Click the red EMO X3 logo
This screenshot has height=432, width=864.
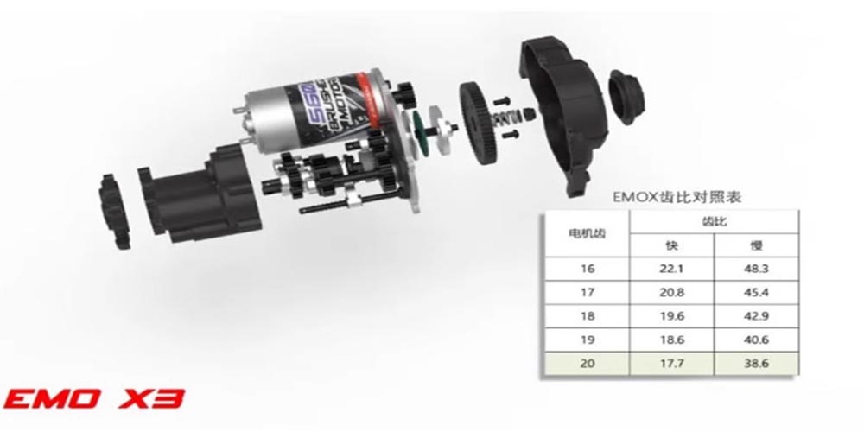point(93,398)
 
